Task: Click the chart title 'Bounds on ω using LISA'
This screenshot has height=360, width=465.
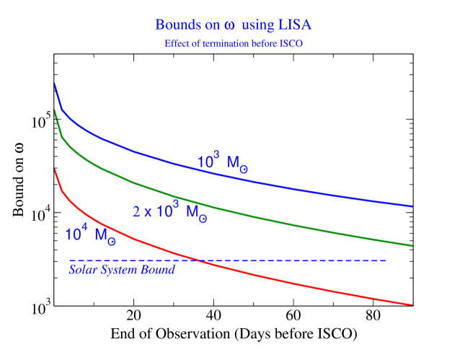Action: click(x=233, y=24)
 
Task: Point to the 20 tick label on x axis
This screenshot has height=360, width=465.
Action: click(x=133, y=317)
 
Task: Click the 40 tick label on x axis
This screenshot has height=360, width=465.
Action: click(x=213, y=317)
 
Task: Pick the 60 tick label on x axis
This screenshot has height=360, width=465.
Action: click(x=293, y=317)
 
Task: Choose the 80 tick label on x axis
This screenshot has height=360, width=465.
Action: click(x=373, y=317)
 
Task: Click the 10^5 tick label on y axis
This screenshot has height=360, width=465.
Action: click(x=37, y=120)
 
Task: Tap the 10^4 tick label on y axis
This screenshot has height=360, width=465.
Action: click(x=37, y=214)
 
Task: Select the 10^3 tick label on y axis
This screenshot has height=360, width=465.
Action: click(x=37, y=307)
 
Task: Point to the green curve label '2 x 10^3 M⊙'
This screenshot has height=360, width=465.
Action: click(x=170, y=212)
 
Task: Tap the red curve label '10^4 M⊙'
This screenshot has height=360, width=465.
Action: click(x=90, y=236)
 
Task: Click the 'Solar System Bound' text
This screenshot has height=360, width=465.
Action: click(x=122, y=270)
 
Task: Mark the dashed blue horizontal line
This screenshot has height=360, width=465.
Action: click(x=324, y=260)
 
